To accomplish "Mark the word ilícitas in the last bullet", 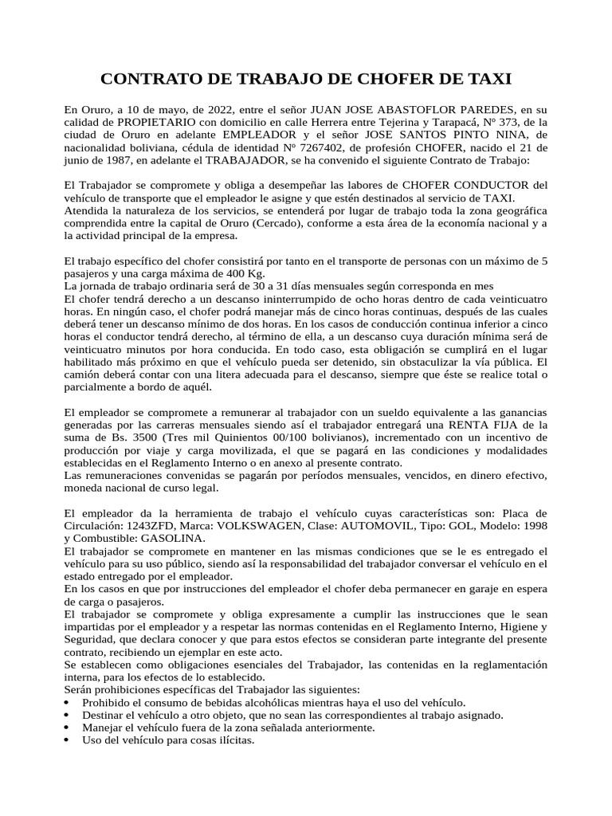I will [229, 740].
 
